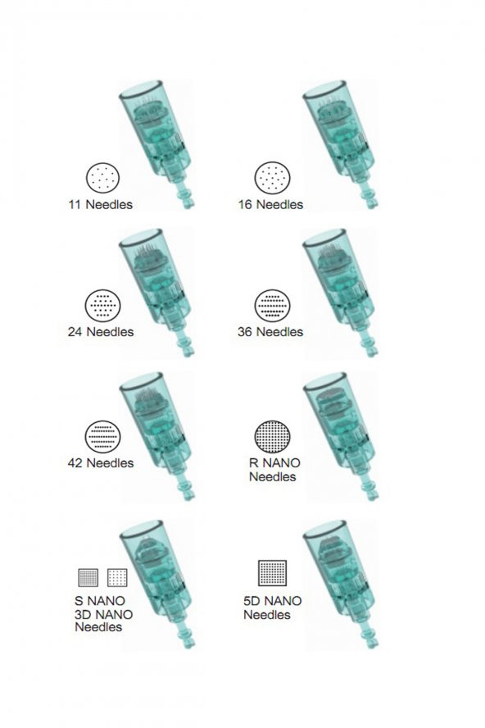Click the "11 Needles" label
pyautogui.click(x=100, y=204)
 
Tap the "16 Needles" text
pyautogui.click(x=270, y=204)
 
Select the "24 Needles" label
pyautogui.click(x=101, y=332)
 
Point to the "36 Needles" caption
pyautogui.click(x=270, y=332)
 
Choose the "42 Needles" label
pyautogui.click(x=101, y=463)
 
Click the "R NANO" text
pyautogui.click(x=274, y=463)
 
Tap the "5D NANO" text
pyautogui.click(x=273, y=601)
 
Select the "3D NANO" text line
pyautogui.click(x=103, y=614)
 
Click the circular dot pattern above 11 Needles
pyautogui.click(x=102, y=178)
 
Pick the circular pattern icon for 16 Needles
pyautogui.click(x=273, y=178)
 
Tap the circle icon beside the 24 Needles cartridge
pyautogui.click(x=102, y=306)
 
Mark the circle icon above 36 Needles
pyautogui.click(x=273, y=306)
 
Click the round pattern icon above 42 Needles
pyautogui.click(x=102, y=437)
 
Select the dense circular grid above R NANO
pyautogui.click(x=273, y=437)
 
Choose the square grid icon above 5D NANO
pyautogui.click(x=273, y=573)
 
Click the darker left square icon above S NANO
pyautogui.click(x=88, y=577)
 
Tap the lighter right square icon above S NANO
pyautogui.click(x=117, y=577)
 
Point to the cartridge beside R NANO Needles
pyautogui.click(x=341, y=436)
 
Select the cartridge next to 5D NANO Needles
pyautogui.click(x=341, y=584)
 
